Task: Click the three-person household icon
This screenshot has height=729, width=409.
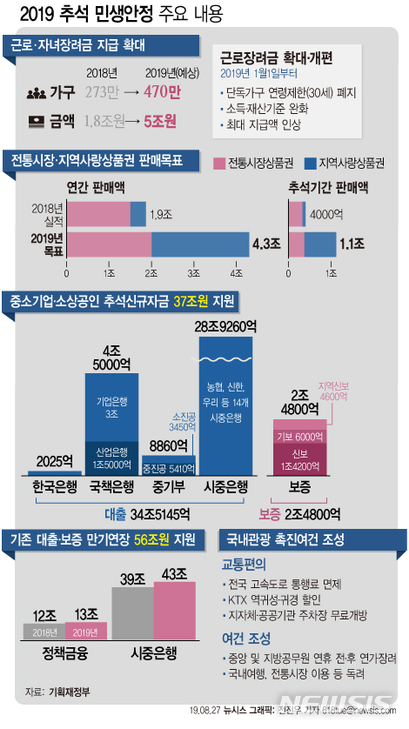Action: coord(37,91)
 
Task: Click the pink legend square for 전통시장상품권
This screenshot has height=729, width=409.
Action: coord(218,163)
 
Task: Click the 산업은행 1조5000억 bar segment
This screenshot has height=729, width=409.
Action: coord(111,452)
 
